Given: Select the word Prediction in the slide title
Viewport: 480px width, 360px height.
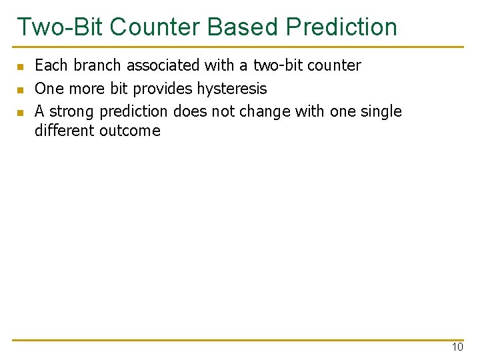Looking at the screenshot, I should pos(341,27).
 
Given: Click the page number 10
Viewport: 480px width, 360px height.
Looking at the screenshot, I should pos(457,347).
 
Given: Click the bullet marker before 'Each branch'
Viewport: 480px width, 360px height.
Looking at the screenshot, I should pos(21,67).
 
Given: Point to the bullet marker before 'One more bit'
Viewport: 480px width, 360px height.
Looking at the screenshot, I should pos(21,89).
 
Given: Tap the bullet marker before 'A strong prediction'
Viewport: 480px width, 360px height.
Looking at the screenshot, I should pos(21,112).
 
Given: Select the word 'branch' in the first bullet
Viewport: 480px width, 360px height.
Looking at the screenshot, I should pos(98,65).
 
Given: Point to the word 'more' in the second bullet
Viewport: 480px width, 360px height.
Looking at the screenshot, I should pos(84,89).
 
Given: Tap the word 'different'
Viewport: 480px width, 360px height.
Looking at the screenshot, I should pos(65,131).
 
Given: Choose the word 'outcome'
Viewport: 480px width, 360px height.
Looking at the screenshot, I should pos(129,131).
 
